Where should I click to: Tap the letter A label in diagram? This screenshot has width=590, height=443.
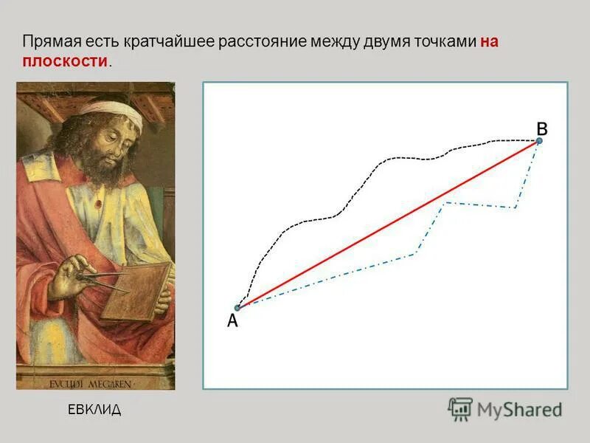point(232,321)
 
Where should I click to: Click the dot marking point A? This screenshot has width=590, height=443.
point(237,308)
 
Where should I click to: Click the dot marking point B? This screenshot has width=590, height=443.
point(539,140)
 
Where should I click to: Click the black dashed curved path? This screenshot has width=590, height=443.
point(336,216)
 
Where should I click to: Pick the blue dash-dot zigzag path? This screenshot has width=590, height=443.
point(413,254)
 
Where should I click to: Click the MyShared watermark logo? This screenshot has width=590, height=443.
point(505,408)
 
